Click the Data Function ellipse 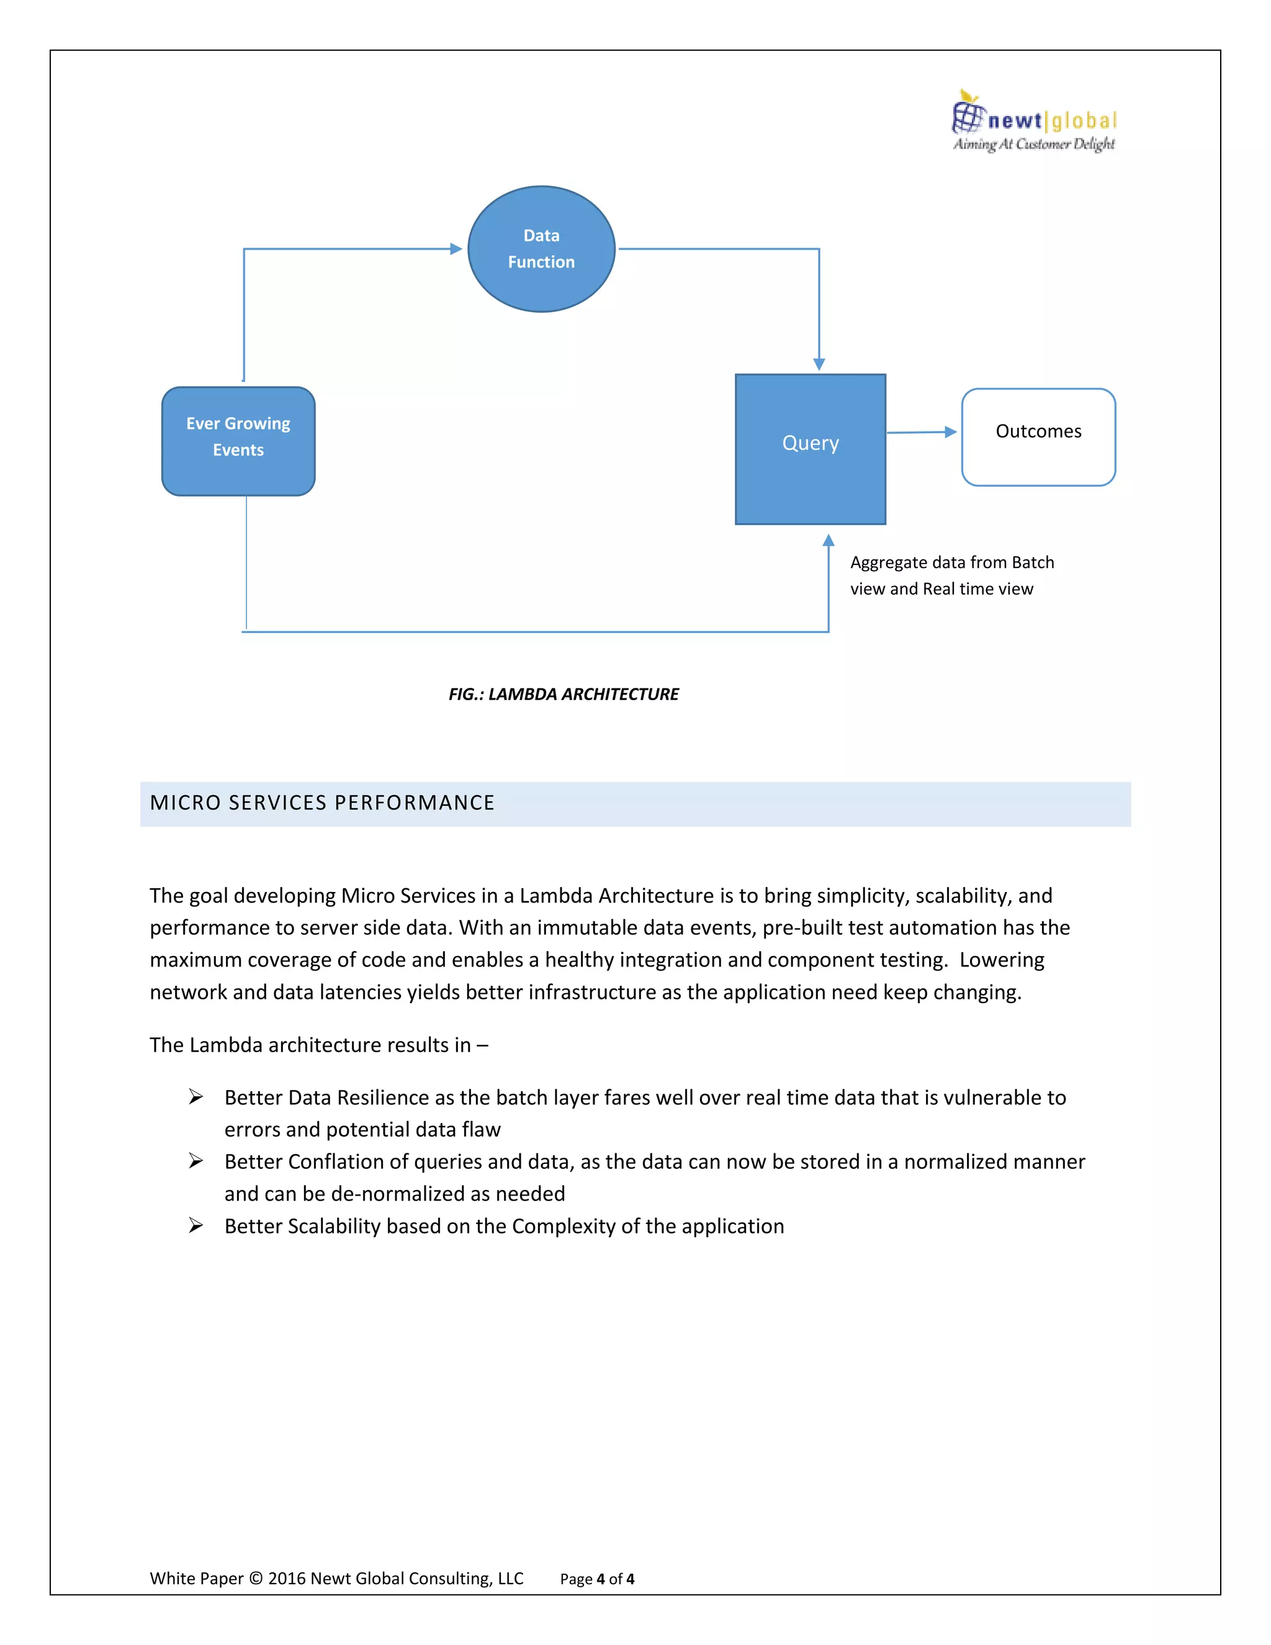pos(541,248)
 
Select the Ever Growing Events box pos(238,441)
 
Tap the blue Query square pos(809,449)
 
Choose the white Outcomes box pos(1038,437)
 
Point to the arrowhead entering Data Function pos(456,248)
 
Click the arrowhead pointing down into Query pos(819,364)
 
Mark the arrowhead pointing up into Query pos(829,540)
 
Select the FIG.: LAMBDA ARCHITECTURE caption pos(564,694)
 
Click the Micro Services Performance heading pos(322,803)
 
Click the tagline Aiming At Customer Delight pos(1033,144)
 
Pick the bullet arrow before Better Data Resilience pos(195,1097)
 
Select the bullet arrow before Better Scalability pos(195,1225)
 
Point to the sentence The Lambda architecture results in pos(318,1045)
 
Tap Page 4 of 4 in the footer pos(596,1579)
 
